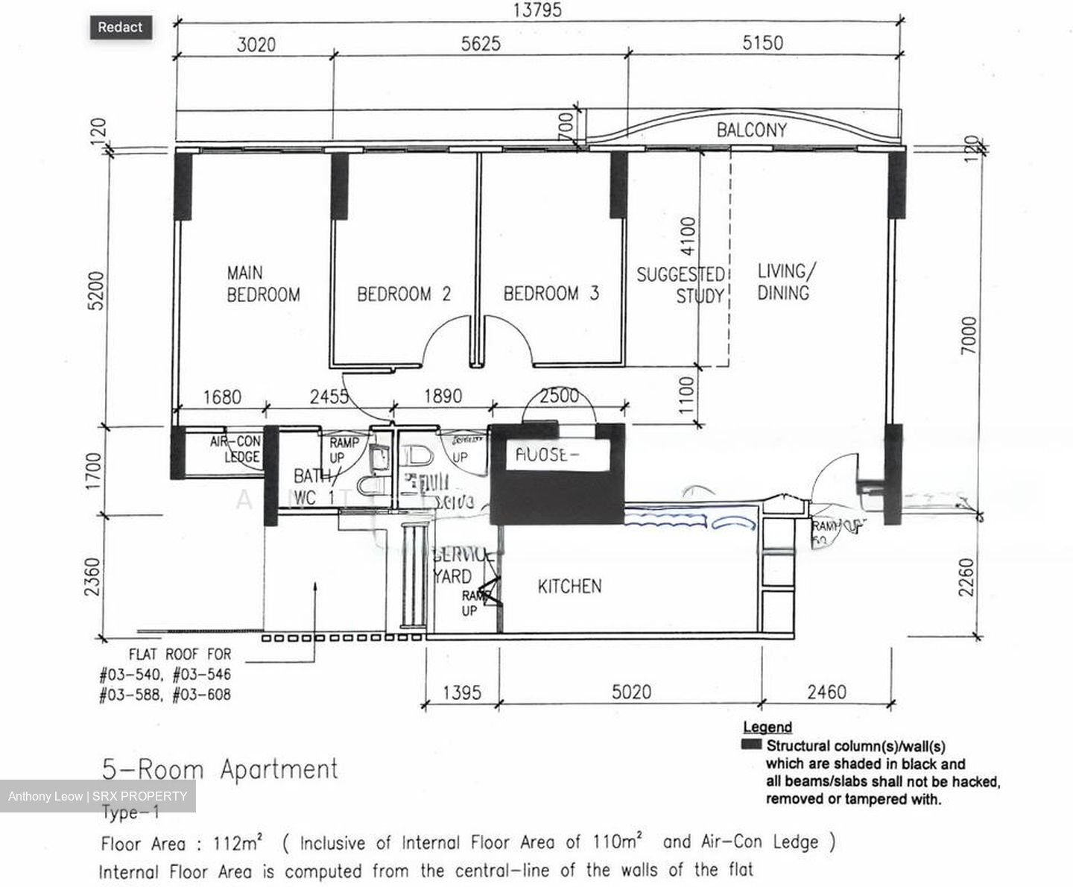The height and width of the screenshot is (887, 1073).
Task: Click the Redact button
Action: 120,28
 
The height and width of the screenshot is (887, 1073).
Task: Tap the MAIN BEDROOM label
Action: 262,284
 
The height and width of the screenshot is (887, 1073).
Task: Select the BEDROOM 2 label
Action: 403,294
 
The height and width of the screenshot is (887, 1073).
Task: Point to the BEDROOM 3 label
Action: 551,294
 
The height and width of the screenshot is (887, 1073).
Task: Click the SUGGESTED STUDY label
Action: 680,285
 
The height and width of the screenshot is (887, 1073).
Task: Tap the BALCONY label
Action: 751,130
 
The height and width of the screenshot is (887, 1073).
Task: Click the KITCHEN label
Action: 569,587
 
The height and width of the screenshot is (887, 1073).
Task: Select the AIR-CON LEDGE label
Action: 235,449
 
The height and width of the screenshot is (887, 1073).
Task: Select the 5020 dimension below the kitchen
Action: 631,692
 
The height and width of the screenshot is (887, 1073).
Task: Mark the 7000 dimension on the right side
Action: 968,335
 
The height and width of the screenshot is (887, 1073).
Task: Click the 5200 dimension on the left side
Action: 97,291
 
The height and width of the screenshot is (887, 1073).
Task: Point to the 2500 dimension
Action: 559,396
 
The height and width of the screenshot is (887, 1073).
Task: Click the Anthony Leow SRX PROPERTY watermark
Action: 98,796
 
